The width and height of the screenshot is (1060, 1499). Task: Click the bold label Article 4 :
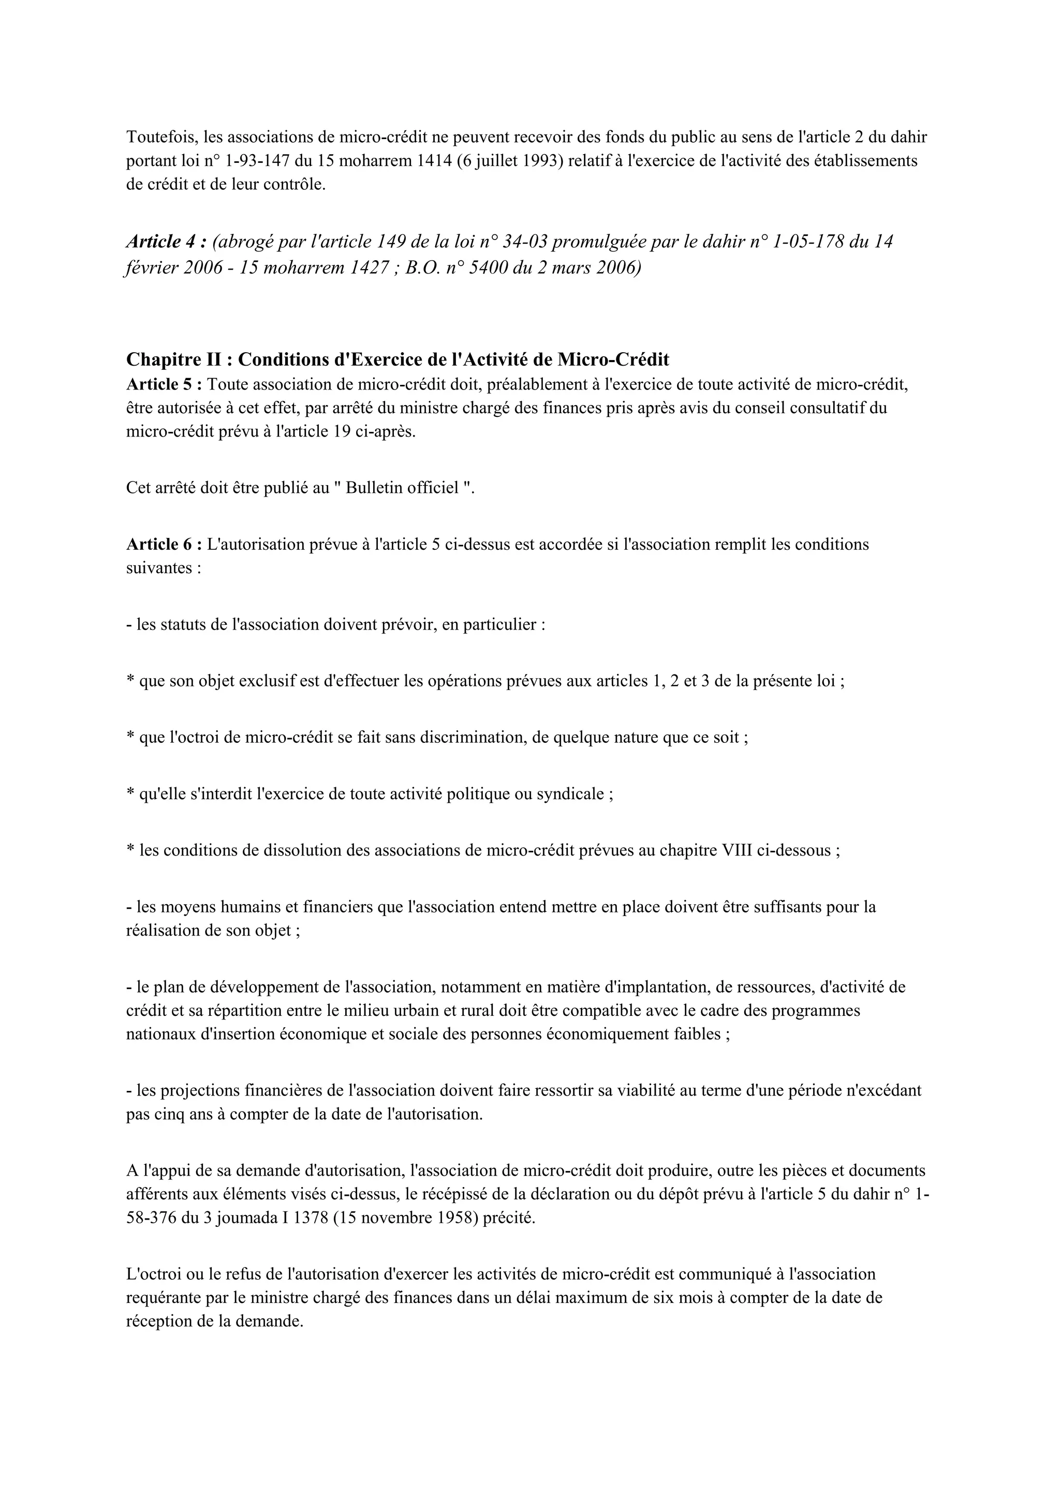167,242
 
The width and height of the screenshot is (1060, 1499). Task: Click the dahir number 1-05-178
807,242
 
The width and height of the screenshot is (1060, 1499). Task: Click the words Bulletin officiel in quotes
402,488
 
